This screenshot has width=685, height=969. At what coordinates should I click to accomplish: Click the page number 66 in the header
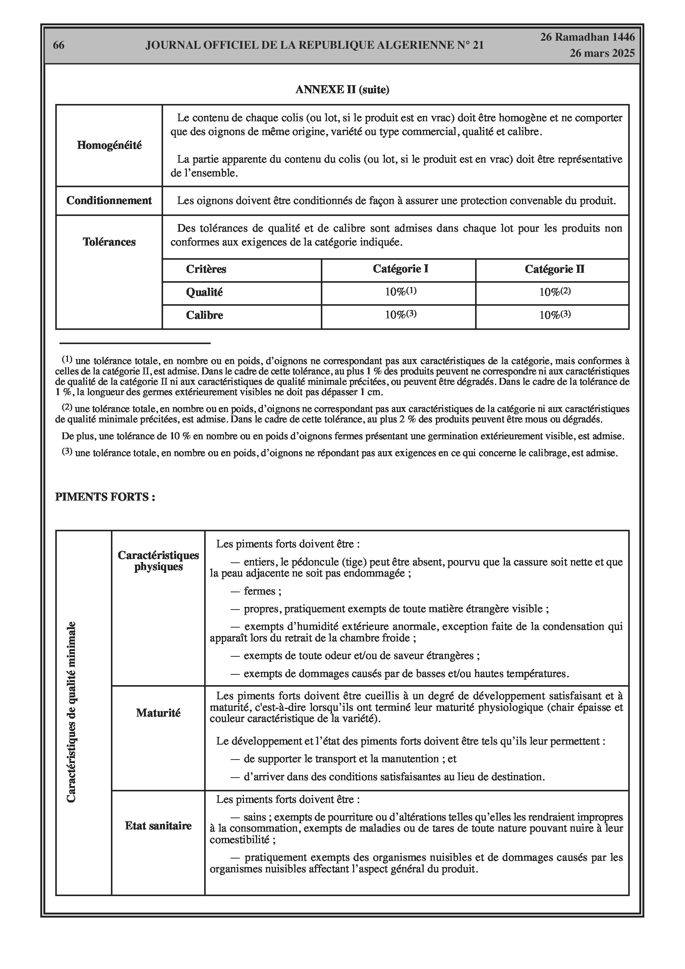pyautogui.click(x=59, y=45)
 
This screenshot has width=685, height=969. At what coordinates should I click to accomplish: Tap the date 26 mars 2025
pyautogui.click(x=602, y=53)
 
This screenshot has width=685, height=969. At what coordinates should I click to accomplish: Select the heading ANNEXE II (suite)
pyautogui.click(x=342, y=89)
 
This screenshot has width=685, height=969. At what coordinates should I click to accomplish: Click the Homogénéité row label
pyautogui.click(x=109, y=145)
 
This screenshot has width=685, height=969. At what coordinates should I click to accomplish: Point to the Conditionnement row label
pyautogui.click(x=109, y=201)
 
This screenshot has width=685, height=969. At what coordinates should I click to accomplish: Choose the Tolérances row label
pyautogui.click(x=109, y=242)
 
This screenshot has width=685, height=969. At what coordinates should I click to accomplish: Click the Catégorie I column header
pyautogui.click(x=400, y=269)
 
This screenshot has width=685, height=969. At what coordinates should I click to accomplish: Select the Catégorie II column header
pyautogui.click(x=554, y=269)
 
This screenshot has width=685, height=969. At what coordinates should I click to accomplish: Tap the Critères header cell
pyautogui.click(x=206, y=269)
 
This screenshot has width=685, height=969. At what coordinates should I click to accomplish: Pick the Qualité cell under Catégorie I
pyautogui.click(x=400, y=292)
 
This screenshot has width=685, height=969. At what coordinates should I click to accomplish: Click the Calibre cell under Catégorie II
pyautogui.click(x=555, y=315)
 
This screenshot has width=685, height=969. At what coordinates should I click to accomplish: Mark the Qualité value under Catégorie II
pyautogui.click(x=555, y=292)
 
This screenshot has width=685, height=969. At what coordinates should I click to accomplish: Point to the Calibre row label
pyautogui.click(x=205, y=315)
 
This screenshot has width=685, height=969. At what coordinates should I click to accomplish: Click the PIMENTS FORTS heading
pyautogui.click(x=105, y=497)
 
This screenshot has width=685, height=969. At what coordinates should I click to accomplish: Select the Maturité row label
pyautogui.click(x=158, y=713)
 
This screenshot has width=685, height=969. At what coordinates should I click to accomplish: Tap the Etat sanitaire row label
pyautogui.click(x=158, y=826)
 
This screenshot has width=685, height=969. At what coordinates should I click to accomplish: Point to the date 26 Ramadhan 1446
pyautogui.click(x=588, y=37)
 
